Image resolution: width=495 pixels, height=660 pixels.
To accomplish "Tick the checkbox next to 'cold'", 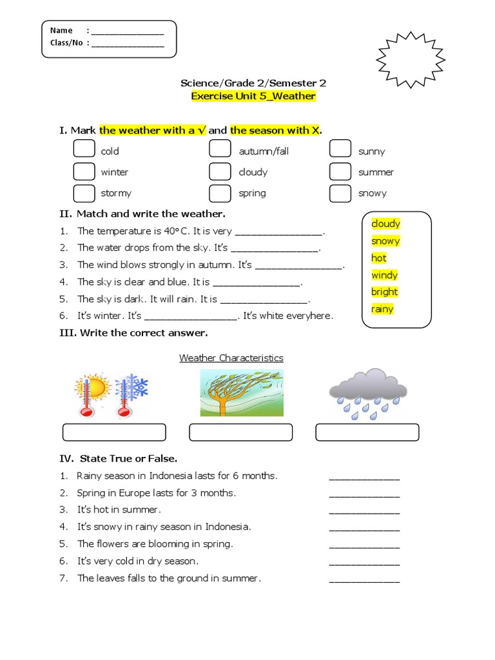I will [84, 149].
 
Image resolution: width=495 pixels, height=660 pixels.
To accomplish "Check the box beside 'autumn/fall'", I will [220, 149].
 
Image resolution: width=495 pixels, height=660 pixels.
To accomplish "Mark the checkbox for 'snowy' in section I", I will [340, 193].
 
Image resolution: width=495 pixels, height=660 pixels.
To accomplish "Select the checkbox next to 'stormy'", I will [84, 193].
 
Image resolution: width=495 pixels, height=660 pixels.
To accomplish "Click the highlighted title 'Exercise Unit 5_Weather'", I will [253, 97].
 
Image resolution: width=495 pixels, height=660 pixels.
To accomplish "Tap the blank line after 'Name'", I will [128, 31].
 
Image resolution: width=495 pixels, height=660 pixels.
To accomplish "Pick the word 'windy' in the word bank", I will [384, 275].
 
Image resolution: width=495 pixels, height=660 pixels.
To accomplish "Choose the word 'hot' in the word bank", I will [379, 258].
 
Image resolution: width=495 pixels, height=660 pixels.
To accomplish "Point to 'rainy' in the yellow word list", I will [382, 309].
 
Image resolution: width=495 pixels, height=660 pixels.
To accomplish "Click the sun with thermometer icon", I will [92, 393].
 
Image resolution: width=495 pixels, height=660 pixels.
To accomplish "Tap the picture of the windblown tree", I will [242, 393].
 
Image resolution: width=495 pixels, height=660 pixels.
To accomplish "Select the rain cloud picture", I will [367, 393].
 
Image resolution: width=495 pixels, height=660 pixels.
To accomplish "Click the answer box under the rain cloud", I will [367, 432].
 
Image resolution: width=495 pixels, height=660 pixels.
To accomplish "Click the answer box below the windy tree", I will [240, 432].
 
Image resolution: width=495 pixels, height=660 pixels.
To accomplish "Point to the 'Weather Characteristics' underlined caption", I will [231, 358].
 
